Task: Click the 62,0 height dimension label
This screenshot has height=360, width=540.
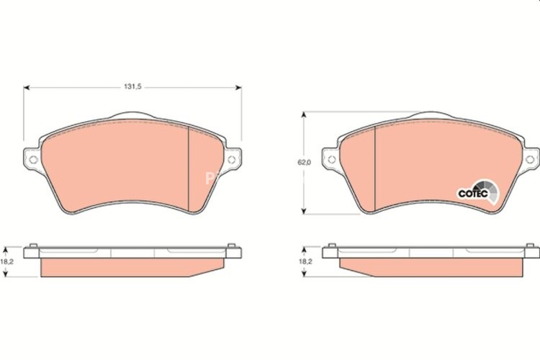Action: [x=304, y=163]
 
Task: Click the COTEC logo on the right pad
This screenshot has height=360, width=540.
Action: [x=476, y=192]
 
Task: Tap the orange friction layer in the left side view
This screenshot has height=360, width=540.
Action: [x=130, y=268]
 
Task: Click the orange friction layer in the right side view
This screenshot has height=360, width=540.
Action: [x=432, y=268]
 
